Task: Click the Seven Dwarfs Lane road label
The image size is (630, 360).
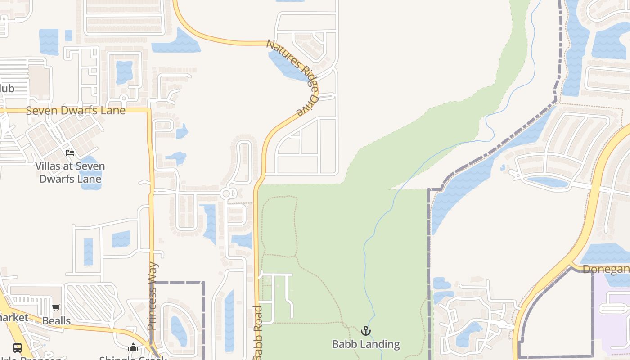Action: click(x=76, y=110)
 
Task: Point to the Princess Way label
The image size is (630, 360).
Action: click(x=153, y=296)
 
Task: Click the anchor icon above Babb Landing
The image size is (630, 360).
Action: click(x=366, y=331)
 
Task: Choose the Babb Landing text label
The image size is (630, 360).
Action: click(x=366, y=344)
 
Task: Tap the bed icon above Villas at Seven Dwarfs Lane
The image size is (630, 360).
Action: click(x=70, y=153)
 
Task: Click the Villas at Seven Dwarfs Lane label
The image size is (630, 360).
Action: click(x=70, y=172)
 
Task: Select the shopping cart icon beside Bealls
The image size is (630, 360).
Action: click(x=56, y=308)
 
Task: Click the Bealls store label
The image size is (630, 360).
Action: click(x=56, y=321)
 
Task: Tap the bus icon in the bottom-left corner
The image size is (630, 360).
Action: click(x=18, y=347)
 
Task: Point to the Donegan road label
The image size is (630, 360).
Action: click(x=606, y=269)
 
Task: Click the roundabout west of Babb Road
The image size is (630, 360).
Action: click(x=227, y=193)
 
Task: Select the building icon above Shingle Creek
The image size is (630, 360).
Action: click(x=133, y=347)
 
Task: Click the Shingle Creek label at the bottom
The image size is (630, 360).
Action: click(x=133, y=358)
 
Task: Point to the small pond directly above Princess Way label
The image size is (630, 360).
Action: click(x=121, y=238)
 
